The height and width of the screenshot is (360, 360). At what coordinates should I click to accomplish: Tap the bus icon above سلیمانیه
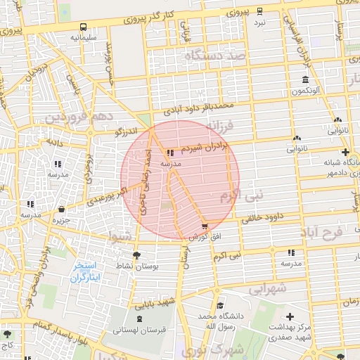pos(84,27)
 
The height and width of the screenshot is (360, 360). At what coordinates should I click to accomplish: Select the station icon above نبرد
pos(260,11)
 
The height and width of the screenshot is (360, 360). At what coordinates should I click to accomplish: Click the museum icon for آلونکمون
pos(304,79)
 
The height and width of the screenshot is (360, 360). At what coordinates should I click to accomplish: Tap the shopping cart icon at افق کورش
pos(204,226)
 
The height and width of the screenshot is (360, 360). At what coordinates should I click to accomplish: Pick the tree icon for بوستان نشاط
pos(136,255)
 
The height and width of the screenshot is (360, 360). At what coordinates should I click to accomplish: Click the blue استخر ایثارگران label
pos(88,272)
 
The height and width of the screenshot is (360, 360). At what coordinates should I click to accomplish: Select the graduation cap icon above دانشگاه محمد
pos(221,306)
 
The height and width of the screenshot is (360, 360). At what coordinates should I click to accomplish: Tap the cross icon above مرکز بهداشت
pos(290,318)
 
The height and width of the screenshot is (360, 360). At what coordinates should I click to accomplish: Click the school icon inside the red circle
pos(171,153)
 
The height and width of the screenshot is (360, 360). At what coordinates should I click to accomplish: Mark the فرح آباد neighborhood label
pos(330,231)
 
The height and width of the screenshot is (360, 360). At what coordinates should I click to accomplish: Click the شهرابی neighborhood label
pos(267,288)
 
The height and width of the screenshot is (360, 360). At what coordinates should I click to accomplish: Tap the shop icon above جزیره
pos(62,210)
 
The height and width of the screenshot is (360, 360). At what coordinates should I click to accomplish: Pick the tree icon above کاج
pos(8,335)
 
